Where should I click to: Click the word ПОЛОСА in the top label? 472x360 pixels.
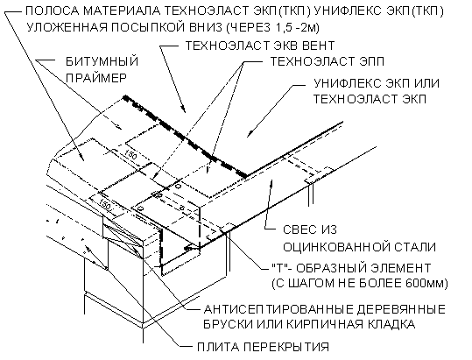point(52,11)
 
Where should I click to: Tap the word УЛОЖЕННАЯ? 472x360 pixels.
point(67,27)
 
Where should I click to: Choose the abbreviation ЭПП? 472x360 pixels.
point(370,61)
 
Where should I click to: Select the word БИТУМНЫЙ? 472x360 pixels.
point(102,61)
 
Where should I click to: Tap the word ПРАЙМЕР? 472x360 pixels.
point(96,78)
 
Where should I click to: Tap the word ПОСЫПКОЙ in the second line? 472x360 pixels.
point(151,27)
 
